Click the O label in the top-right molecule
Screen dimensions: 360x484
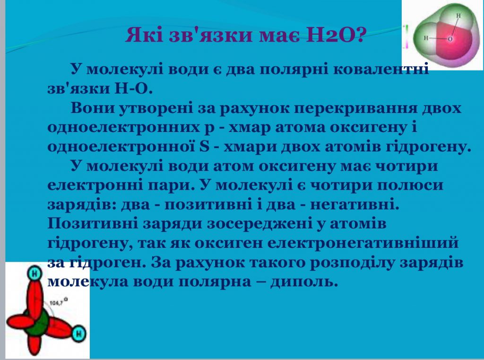point(449,39)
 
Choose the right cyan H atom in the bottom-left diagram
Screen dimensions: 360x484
point(79,334)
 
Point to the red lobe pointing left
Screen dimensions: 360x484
point(18,322)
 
